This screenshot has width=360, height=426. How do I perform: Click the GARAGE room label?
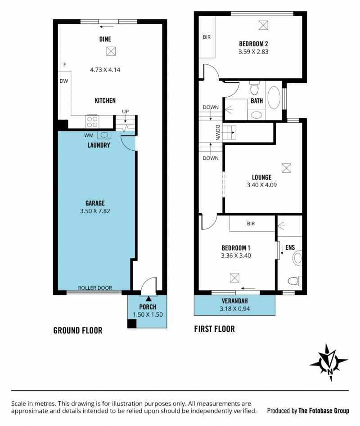95,203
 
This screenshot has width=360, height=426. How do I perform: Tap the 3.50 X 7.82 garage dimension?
95,211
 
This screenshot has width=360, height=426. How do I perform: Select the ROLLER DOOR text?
95,288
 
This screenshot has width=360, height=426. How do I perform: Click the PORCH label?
148,307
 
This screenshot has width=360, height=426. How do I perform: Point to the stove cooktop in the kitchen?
92,121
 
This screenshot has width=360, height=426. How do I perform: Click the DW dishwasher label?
64,81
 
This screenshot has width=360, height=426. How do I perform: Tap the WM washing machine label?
89,135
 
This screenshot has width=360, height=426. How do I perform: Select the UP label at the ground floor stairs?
125,112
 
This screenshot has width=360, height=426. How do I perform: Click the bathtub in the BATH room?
274,98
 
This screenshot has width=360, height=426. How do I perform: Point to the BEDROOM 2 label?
253,44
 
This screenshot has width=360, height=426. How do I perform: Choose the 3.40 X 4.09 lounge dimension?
261,185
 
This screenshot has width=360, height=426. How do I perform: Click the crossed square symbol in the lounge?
286,168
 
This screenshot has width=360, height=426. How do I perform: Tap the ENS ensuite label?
290,247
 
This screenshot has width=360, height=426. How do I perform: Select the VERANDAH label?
235,301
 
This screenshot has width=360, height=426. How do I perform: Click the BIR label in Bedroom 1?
251,224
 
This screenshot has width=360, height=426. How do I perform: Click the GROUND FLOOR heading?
78,330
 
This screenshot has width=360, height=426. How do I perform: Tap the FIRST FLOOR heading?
214,329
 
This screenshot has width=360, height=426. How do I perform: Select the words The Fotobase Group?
324,411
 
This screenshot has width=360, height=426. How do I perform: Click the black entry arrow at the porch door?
148,299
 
